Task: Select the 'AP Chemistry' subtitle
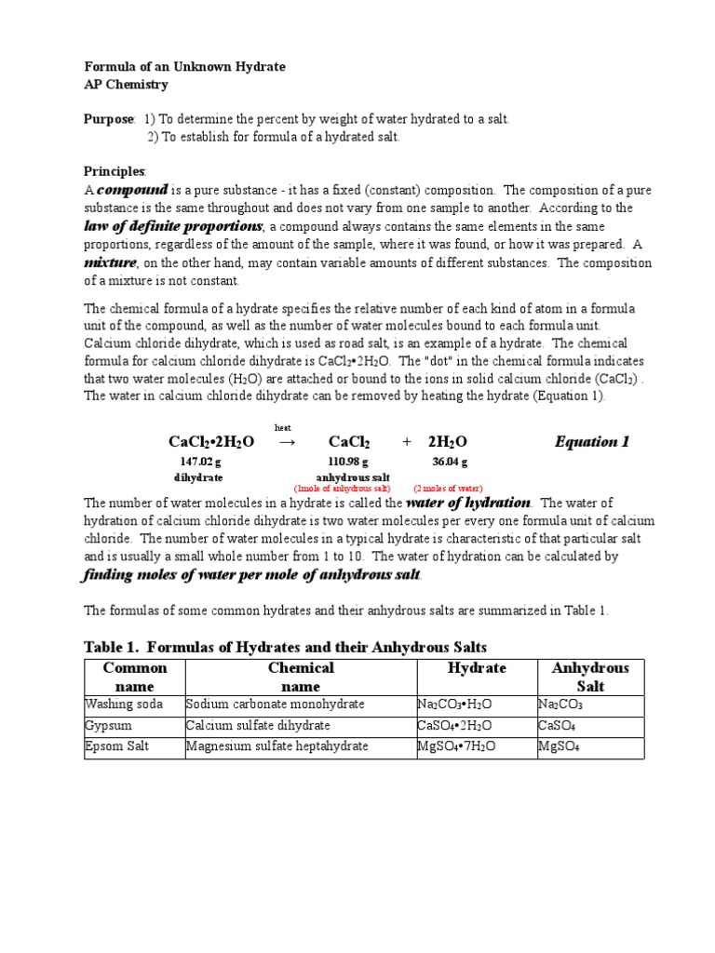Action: point(127,85)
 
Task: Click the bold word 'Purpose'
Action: point(109,120)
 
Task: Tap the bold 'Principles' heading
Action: point(115,172)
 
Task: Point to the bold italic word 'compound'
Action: point(133,190)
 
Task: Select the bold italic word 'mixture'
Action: point(111,262)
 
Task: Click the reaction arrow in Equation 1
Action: point(287,442)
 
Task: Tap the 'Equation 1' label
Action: point(591,441)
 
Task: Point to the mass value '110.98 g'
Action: point(349,462)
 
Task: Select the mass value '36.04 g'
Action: point(450,462)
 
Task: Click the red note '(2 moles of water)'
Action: point(448,488)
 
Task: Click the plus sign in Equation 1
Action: point(407,442)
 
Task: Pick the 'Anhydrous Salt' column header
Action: point(590,677)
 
